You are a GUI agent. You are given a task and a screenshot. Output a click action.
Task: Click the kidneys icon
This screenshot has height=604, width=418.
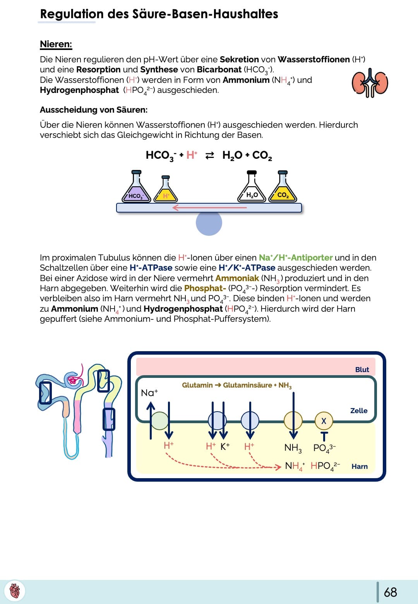tap(370, 83)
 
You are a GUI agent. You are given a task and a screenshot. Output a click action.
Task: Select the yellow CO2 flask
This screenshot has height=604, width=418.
tap(283, 190)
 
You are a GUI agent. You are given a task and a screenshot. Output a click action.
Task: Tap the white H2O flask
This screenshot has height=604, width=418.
tap(252, 190)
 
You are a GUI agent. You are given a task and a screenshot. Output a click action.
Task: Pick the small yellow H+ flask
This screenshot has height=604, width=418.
tap(166, 192)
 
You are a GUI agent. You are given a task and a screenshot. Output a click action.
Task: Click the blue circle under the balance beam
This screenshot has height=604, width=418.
tap(209, 223)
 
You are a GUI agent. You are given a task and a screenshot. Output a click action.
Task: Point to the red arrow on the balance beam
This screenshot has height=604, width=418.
tap(209, 208)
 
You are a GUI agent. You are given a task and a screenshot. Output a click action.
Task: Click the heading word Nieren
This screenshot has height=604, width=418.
tap(56, 44)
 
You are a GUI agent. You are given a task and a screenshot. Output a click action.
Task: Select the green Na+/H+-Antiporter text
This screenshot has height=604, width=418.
tap(296, 258)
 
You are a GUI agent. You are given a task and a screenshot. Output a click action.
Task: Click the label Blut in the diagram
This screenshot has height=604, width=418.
tap(362, 369)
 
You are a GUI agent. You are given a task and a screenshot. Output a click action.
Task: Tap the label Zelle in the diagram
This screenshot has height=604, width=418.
tap(359, 410)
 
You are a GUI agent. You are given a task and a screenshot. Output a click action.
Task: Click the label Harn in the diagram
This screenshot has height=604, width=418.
tap(360, 467)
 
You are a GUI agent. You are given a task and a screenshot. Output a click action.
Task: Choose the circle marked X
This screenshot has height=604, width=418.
tap(324, 421)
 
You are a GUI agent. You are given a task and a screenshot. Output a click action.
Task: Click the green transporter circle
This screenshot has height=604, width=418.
tap(159, 421)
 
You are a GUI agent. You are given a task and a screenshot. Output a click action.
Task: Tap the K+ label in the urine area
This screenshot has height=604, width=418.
tap(225, 446)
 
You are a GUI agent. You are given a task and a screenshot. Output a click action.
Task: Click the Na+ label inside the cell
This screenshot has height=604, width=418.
tap(149, 393)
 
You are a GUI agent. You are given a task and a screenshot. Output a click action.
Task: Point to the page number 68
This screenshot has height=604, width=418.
tap(390, 592)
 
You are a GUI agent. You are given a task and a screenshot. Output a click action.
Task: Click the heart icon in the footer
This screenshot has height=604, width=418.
tap(15, 591)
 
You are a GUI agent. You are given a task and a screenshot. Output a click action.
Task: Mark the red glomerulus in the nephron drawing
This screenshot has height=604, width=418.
tap(72, 379)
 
